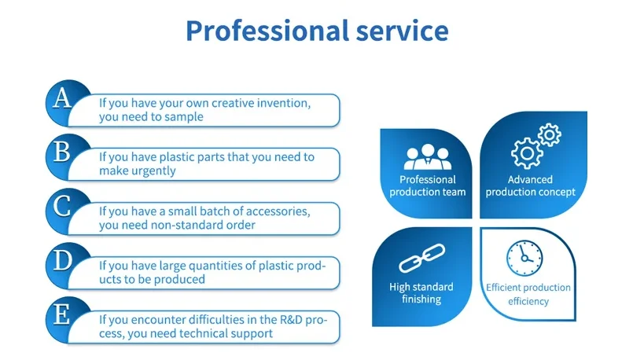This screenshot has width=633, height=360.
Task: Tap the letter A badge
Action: (61, 98)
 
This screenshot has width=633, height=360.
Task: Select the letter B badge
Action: (61, 151)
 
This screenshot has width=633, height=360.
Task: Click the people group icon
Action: (428, 157)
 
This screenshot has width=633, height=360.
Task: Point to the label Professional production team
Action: (428, 186)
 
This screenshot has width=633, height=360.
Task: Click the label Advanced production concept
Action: (531, 186)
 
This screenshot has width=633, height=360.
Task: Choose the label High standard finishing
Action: (421, 293)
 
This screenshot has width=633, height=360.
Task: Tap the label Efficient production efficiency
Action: (528, 295)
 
